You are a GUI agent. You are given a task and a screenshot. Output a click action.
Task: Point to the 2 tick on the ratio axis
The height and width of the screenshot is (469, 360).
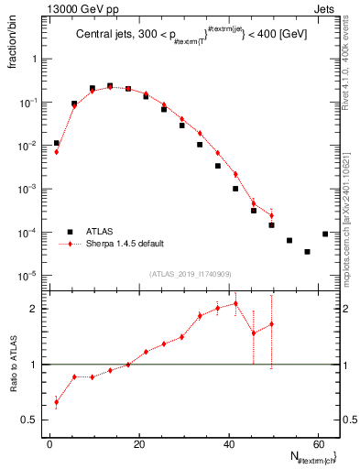38,309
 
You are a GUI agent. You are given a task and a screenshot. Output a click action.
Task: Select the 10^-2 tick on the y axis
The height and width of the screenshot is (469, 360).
31,146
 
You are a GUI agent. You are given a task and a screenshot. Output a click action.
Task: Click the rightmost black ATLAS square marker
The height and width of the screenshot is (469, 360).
325,234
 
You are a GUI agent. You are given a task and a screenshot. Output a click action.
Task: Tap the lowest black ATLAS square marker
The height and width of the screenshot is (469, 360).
308,251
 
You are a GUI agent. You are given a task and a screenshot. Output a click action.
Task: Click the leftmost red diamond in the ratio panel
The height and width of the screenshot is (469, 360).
57,402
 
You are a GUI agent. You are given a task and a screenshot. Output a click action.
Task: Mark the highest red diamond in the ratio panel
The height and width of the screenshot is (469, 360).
235,303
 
